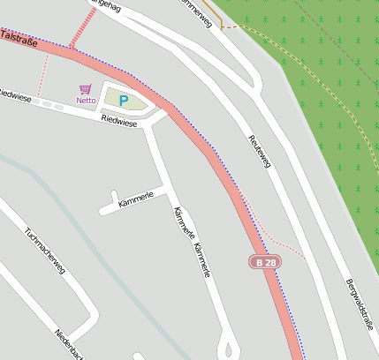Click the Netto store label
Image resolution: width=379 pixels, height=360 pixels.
click(x=86, y=101)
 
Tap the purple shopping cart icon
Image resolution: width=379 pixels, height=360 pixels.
click(x=85, y=89)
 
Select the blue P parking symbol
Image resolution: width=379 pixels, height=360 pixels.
click(x=124, y=101)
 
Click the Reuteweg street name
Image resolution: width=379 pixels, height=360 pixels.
click(x=259, y=151)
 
